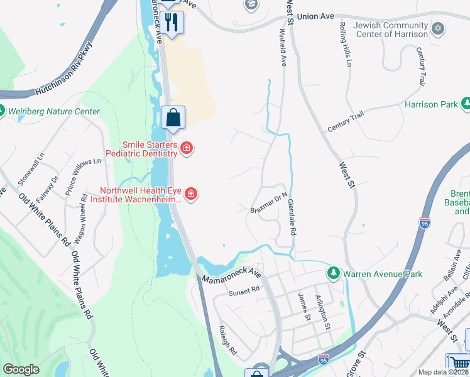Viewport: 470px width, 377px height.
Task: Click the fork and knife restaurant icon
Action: [x=172, y=22]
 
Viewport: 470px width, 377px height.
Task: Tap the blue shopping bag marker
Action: [x=173, y=117]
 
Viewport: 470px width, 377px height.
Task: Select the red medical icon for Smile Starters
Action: [x=187, y=148]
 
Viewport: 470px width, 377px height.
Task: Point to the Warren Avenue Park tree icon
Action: [x=333, y=273]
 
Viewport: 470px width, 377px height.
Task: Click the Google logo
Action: [x=21, y=369]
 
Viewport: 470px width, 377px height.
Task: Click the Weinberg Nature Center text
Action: [x=53, y=112]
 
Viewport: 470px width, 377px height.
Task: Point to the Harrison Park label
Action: [x=431, y=104]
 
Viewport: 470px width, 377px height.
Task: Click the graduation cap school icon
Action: [x=251, y=5]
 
